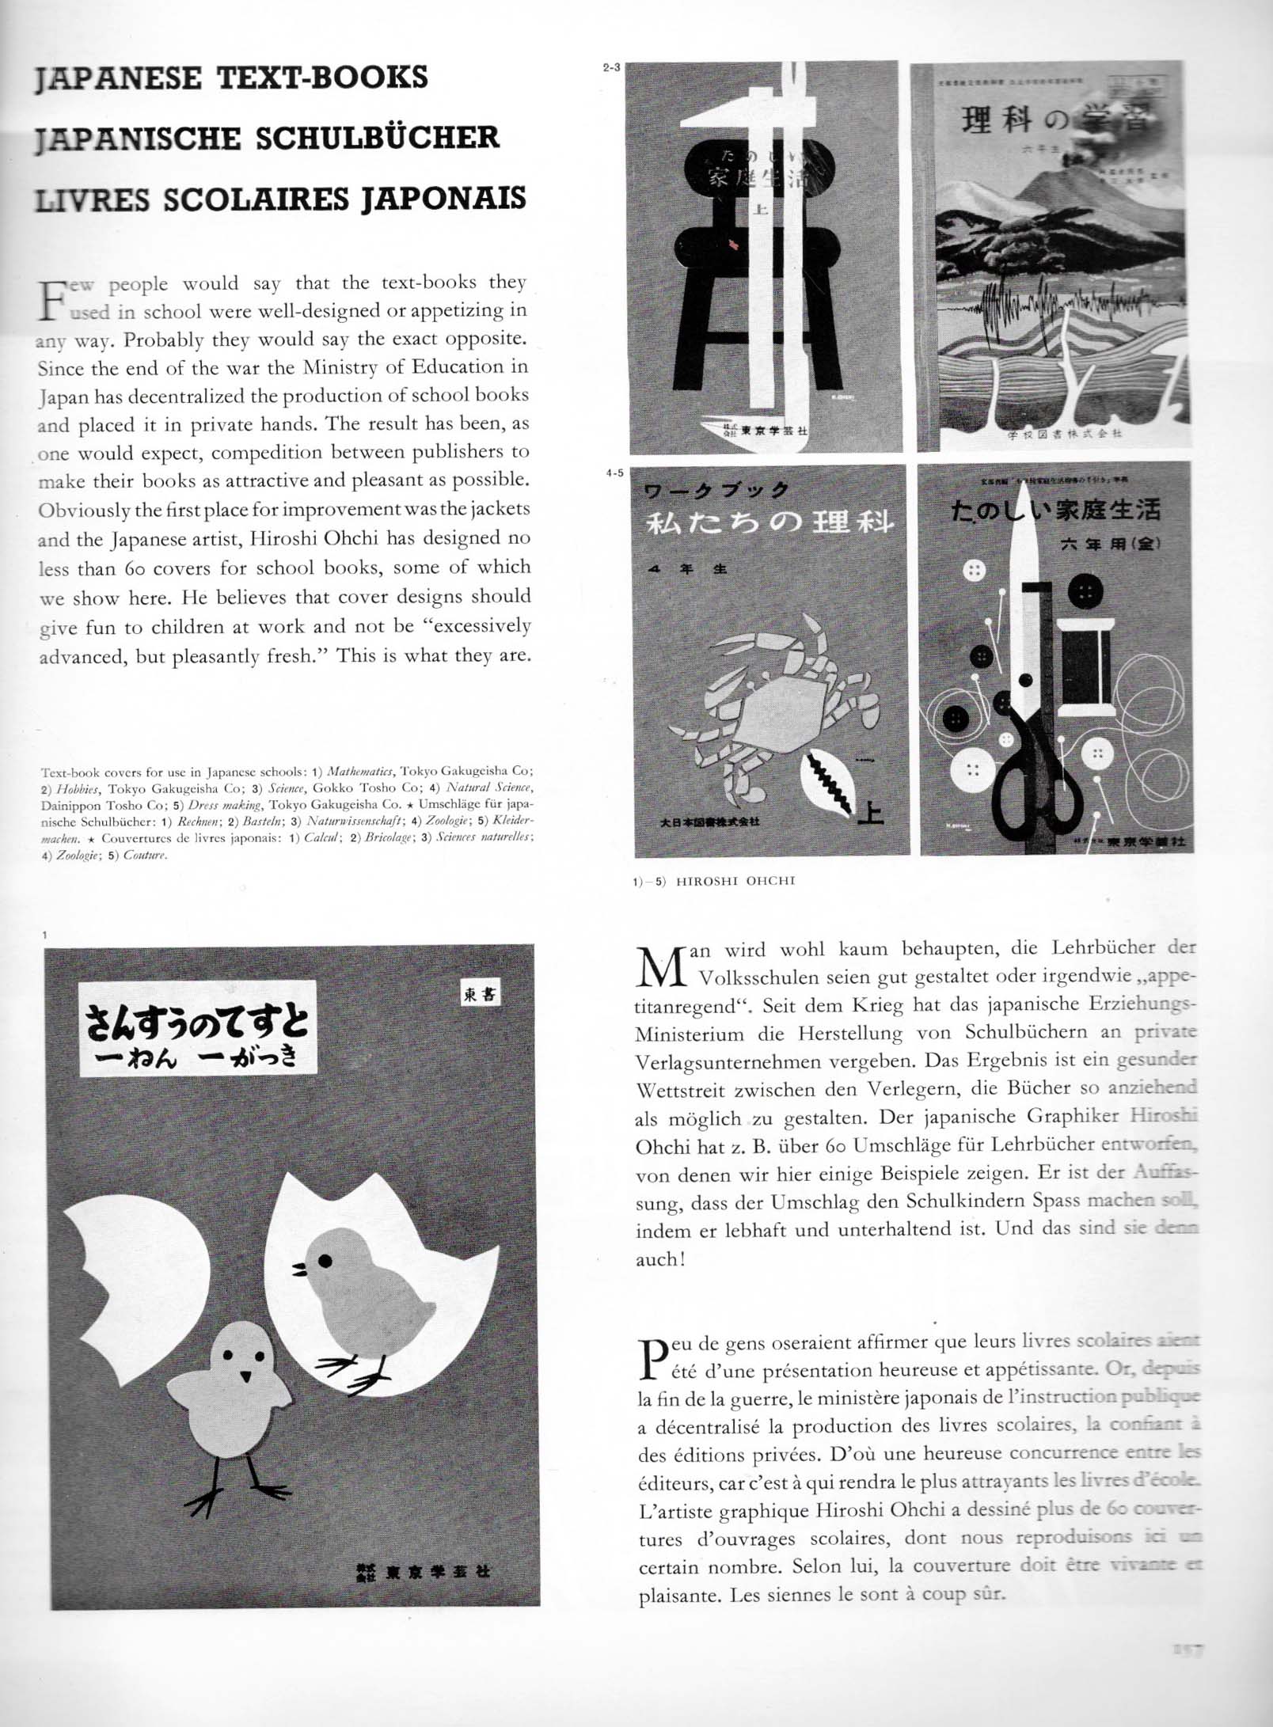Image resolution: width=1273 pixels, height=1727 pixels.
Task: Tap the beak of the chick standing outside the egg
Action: pyautogui.click(x=245, y=1376)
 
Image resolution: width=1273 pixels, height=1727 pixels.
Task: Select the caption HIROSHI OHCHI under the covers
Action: pyautogui.click(x=735, y=880)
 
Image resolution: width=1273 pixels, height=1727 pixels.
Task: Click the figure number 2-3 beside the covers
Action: pyautogui.click(x=611, y=68)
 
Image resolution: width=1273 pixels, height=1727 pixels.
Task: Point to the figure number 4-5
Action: pyautogui.click(x=614, y=473)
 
